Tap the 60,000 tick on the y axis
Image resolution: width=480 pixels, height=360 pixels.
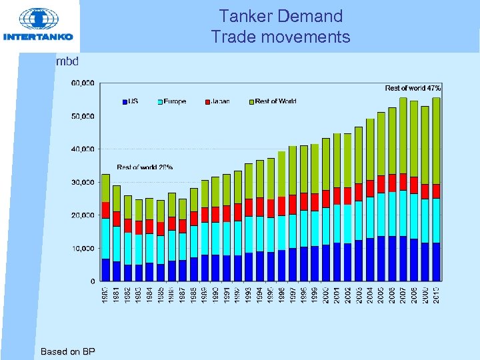83,83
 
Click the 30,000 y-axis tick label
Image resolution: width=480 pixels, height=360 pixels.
83,182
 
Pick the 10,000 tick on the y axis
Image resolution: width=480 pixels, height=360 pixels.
83,249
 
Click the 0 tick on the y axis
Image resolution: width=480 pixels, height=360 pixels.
91,281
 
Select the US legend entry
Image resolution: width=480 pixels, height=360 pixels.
130,101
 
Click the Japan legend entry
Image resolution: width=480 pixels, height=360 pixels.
219,101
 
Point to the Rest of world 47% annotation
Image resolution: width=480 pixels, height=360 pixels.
413,88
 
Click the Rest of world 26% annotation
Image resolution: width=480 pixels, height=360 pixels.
145,167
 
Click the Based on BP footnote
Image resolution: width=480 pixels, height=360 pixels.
67,351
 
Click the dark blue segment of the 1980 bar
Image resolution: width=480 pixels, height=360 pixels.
105,270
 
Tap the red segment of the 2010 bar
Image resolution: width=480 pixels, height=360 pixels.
435,191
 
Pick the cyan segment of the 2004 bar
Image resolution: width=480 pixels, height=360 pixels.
370,217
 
